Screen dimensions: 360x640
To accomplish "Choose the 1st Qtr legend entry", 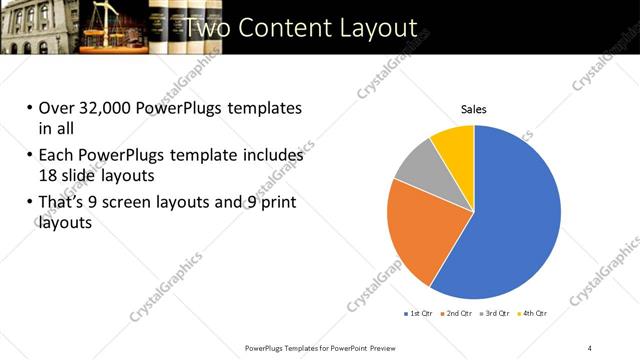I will (x=418, y=314).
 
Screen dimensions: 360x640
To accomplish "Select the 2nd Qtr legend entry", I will (x=458, y=314).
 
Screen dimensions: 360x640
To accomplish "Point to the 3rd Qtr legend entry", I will (x=496, y=314).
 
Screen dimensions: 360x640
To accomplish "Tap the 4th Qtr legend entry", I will (x=535, y=314).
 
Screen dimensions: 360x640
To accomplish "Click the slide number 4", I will (x=590, y=347).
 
